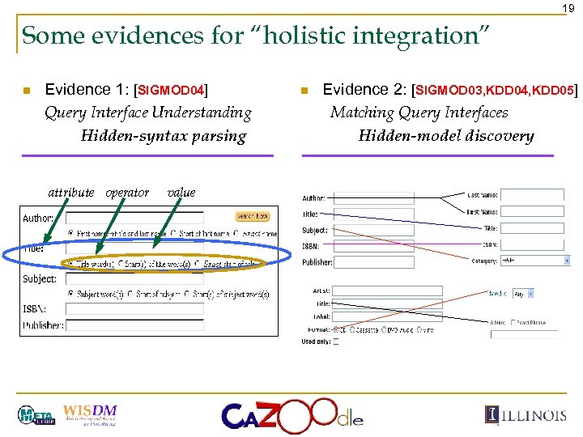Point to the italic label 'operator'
coord(127,193)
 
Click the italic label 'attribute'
coord(71,193)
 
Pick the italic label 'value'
coord(181,193)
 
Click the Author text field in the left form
coord(146,217)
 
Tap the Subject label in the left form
coord(40,279)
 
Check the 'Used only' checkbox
coord(336,342)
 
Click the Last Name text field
coord(533,195)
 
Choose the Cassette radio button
coord(351,330)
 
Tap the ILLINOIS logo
coord(526,415)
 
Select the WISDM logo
coord(89,413)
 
